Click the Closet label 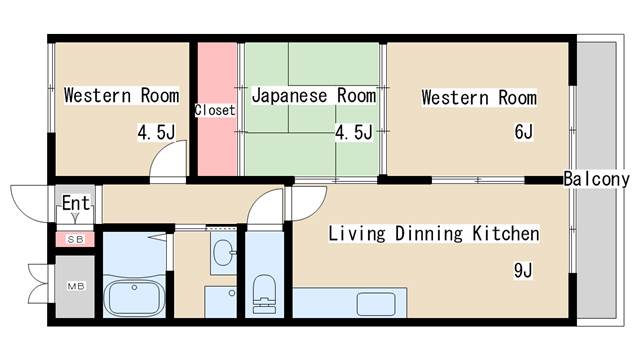tap(215, 110)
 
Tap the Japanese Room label tap(313, 96)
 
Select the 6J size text tap(524, 132)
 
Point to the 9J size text tap(523, 270)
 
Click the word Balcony tap(596, 179)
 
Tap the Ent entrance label tap(76, 203)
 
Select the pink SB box tap(75, 240)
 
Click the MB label tap(76, 287)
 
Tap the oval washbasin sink tap(223, 253)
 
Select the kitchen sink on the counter tap(376, 304)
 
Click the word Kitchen tap(506, 234)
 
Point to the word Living tap(357, 234)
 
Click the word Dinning tap(429, 234)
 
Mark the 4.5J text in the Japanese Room tap(354, 133)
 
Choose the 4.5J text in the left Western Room tap(156, 133)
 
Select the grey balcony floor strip tap(596, 180)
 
